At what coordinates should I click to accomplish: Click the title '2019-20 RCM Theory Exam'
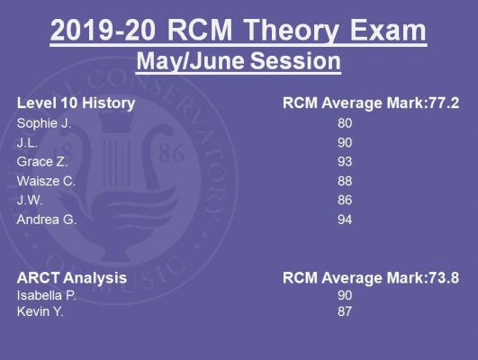[239, 31]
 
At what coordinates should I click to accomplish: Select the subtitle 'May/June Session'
[239, 61]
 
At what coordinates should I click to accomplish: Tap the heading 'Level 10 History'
[76, 103]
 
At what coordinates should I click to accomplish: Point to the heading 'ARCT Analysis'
[72, 278]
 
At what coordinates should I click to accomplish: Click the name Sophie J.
[44, 123]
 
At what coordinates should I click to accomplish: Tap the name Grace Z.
[42, 162]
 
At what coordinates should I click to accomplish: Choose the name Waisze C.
[46, 181]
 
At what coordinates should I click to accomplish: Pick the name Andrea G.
[47, 220]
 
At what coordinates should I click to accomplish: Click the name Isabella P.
[47, 295]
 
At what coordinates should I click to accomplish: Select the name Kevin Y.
[40, 311]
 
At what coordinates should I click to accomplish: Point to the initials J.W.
[30, 201]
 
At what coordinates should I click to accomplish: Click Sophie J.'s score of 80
[345, 123]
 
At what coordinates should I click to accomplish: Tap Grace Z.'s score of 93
[345, 162]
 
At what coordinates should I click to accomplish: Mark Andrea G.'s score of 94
[345, 220]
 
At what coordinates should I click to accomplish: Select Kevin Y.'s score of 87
[345, 311]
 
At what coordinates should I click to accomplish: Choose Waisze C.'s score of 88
[345, 181]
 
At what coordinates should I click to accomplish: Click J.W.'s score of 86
[345, 201]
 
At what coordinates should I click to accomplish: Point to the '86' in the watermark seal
[171, 153]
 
